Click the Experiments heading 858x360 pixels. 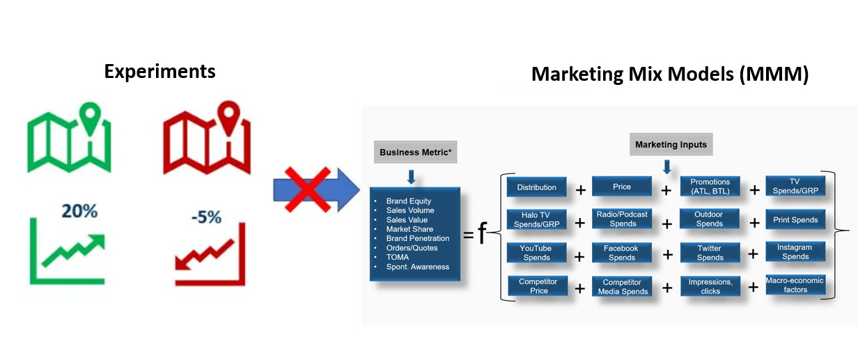coord(159,71)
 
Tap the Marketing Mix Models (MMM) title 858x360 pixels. coord(669,75)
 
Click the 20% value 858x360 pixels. coord(79,212)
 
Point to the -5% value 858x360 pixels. coord(206,217)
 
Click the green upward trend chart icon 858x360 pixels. coord(68,253)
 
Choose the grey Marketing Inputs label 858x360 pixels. coord(671,145)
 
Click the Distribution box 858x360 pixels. coord(537,187)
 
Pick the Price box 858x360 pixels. coord(622,187)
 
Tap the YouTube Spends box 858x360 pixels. coord(536,253)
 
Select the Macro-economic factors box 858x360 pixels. coord(795,285)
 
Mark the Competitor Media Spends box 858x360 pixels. coord(623,286)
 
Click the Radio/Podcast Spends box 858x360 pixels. coord(623,219)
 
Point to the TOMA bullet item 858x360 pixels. coord(398,257)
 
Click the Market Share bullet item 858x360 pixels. coord(409,229)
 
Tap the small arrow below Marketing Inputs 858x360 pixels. coord(667,166)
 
